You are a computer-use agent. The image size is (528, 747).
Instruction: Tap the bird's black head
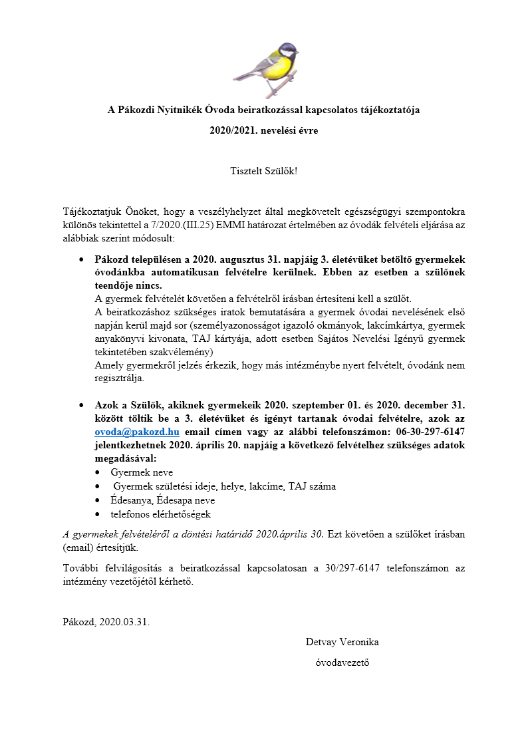tap(287, 51)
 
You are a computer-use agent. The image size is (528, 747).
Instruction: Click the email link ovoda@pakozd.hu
tap(137, 430)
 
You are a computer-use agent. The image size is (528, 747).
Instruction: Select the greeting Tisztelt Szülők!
tap(263, 171)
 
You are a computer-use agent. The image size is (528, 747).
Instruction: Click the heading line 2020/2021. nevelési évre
tap(263, 130)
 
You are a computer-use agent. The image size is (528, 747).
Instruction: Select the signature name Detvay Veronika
tap(342, 642)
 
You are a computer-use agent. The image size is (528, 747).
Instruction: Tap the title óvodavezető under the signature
tap(342, 663)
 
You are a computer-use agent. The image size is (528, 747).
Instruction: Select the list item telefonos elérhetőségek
tap(161, 514)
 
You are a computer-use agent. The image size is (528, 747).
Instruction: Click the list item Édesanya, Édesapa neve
tap(162, 500)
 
